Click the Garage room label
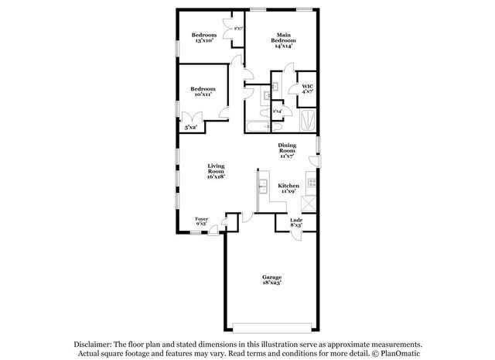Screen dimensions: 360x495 point(271,279)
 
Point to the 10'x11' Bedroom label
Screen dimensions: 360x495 point(204,92)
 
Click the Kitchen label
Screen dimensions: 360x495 point(288,188)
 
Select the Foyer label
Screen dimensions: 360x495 point(202,221)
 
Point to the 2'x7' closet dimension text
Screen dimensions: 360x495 point(239,29)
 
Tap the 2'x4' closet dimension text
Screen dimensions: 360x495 point(277,111)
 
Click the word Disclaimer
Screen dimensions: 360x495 point(93,345)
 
